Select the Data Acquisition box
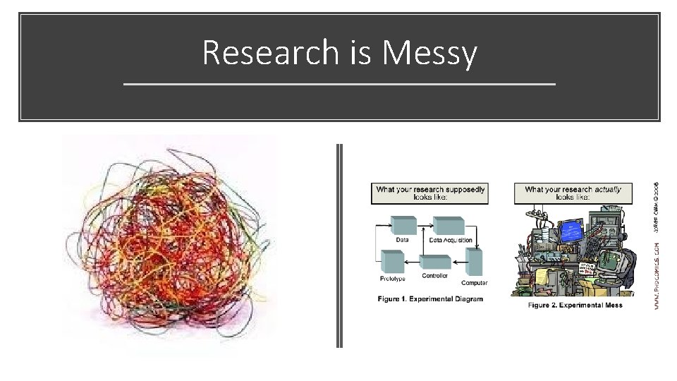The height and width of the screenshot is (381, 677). point(448,226)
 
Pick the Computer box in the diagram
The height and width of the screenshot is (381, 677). point(474,262)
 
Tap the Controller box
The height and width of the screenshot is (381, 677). point(435,262)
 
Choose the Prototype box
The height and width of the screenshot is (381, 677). point(392,262)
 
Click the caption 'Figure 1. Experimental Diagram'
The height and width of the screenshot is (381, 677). point(430,299)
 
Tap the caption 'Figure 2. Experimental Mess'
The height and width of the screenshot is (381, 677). point(575,305)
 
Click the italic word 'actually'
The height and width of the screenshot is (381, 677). point(608,189)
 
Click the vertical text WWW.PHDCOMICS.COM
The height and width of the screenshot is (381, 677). point(657,275)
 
